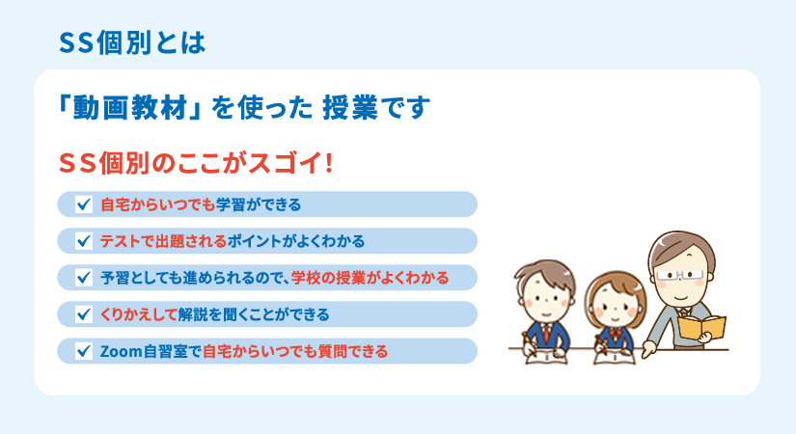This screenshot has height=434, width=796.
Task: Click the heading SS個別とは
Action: pyautogui.click(x=132, y=42)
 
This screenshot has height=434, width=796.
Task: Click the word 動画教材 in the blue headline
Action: pyautogui.click(x=130, y=108)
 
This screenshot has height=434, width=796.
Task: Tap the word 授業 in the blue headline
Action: pyautogui.click(x=350, y=108)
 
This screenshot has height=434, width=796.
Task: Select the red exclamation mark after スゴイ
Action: pyautogui.click(x=328, y=163)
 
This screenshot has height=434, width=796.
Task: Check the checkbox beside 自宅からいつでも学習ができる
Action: pyautogui.click(x=84, y=204)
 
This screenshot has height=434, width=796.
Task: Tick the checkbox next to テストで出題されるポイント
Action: pyautogui.click(x=84, y=240)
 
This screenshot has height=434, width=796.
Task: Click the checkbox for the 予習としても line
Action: pyautogui.click(x=84, y=278)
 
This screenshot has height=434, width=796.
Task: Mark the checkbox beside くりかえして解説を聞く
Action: pyautogui.click(x=84, y=314)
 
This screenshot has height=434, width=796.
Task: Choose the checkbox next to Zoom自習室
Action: pyautogui.click(x=84, y=351)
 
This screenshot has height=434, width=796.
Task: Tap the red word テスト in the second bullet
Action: pyautogui.click(x=120, y=241)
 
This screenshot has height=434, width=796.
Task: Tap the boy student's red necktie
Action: pyautogui.click(x=546, y=333)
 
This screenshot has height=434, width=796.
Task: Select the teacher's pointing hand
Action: pyautogui.click(x=649, y=350)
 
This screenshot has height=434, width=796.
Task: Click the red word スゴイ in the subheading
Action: pyautogui.click(x=286, y=163)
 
